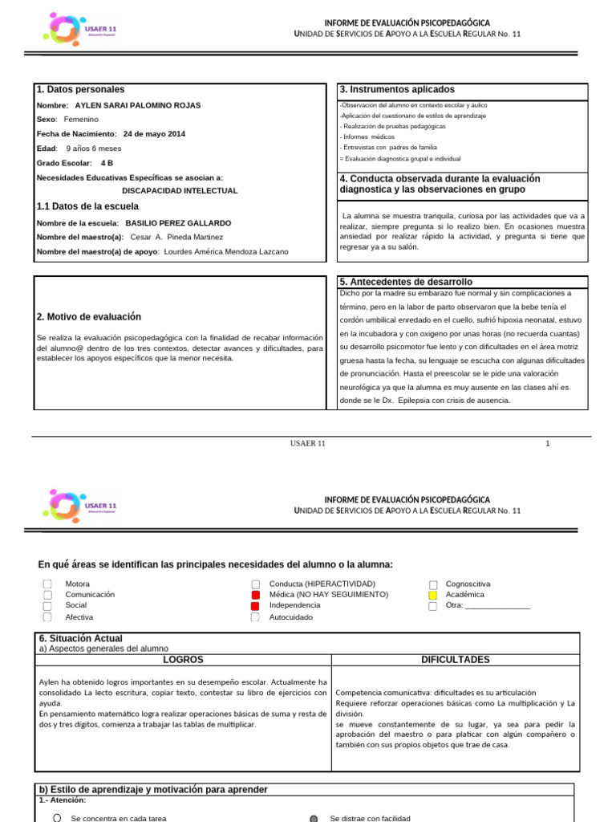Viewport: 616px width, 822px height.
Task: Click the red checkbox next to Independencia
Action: [255, 606]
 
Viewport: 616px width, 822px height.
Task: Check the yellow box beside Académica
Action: [432, 596]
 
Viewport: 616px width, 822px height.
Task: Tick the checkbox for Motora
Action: [47, 584]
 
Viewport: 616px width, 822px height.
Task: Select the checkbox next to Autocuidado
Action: [255, 617]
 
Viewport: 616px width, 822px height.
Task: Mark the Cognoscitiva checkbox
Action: [432, 584]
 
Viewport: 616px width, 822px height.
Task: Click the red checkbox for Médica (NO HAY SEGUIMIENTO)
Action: [255, 595]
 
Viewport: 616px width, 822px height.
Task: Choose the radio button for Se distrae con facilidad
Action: [314, 818]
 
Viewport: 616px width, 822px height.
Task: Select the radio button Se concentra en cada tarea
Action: [56, 818]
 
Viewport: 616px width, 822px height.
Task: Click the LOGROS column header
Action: [183, 660]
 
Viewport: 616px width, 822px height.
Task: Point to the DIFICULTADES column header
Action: [455, 660]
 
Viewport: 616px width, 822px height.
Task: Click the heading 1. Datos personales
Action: [80, 90]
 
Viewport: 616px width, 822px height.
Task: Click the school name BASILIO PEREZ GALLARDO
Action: [179, 222]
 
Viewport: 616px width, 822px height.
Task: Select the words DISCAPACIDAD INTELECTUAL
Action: [180, 191]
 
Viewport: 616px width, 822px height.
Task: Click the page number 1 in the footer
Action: [548, 443]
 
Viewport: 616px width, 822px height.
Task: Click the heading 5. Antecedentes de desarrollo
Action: [406, 282]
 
